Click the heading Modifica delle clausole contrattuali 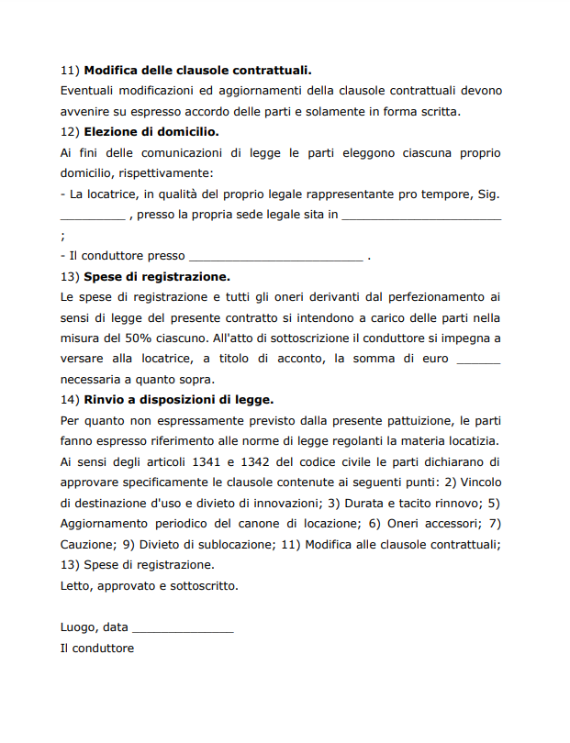(x=197, y=70)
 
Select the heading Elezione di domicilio (x=151, y=131)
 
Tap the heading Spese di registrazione (x=157, y=276)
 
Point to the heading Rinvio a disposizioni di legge (x=179, y=400)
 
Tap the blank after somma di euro (x=478, y=359)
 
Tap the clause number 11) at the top (x=70, y=70)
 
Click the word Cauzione (x=86, y=544)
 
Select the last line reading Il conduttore (x=96, y=649)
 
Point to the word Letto (x=75, y=585)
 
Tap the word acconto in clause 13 (x=294, y=359)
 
